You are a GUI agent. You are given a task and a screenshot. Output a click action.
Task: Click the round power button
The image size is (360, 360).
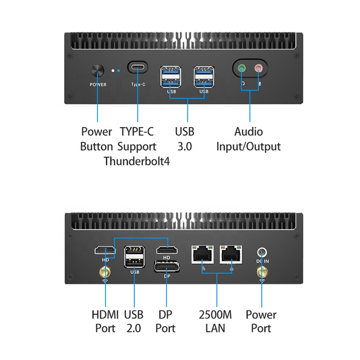pos(98,71)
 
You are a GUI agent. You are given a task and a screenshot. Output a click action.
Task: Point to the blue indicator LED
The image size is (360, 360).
pos(118,71)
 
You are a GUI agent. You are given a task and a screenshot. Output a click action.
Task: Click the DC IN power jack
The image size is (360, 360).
pos(262,252)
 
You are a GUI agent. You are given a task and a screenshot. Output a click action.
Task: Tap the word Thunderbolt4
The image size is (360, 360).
pos(137,161)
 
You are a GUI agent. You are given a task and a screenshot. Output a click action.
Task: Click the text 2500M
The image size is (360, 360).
pos(215,315)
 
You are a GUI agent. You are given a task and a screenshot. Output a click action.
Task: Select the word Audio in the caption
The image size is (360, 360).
pos(249,132)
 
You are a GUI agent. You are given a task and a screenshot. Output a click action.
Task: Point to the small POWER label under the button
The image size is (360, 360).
pos(98,85)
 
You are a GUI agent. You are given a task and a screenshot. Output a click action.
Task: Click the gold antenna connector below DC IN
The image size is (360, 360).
pos(262,273)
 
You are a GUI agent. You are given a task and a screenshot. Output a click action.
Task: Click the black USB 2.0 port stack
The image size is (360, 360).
pos(135,256)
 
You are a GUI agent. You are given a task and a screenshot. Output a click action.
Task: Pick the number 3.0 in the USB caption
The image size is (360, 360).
pos(185,147)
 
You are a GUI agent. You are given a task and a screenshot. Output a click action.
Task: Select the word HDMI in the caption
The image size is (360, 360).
pos(105,315)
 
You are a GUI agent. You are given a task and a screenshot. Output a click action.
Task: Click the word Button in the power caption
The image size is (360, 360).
pos(96,147)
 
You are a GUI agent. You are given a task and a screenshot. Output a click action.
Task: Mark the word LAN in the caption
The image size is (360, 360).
pos(215,328)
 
